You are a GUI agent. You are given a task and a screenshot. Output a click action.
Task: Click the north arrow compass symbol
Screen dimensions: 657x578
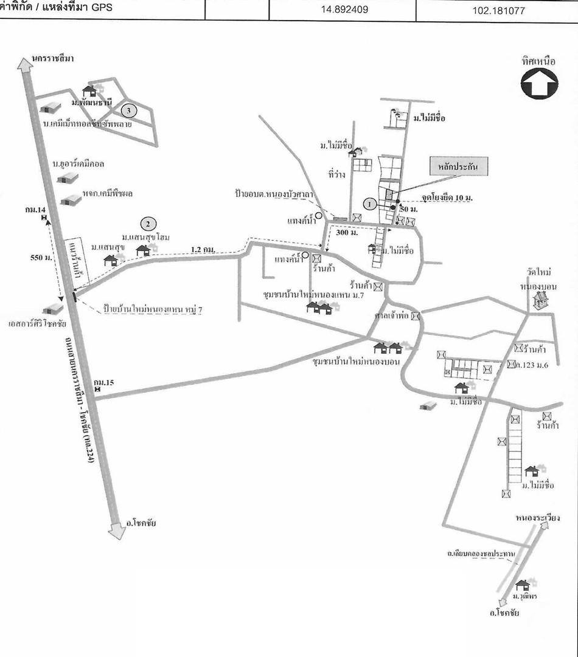[x=539, y=84]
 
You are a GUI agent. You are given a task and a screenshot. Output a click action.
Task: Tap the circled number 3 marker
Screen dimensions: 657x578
[x=128, y=110]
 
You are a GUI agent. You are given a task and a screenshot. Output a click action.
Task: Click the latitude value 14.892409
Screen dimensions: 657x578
[x=343, y=10]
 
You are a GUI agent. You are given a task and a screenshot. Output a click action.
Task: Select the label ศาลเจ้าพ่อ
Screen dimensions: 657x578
[x=393, y=316]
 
